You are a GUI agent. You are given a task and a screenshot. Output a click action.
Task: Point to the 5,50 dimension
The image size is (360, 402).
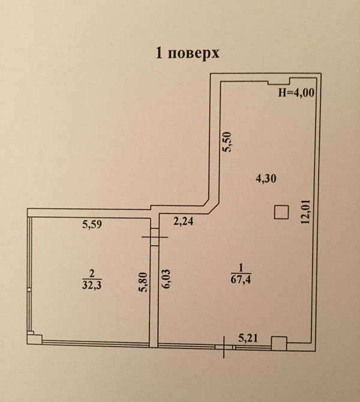(x=226, y=143)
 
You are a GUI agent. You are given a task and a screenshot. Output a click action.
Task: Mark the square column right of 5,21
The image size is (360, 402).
(x=278, y=343)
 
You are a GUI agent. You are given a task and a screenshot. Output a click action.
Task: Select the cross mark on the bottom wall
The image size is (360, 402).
(x=224, y=346)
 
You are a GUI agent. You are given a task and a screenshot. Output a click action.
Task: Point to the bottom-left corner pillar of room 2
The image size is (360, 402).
(x=35, y=338)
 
